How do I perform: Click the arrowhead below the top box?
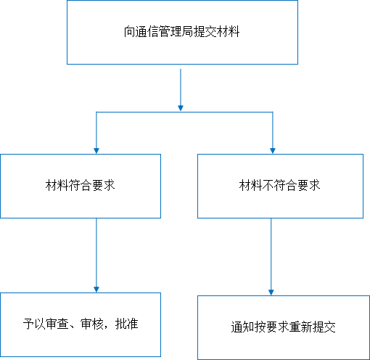(181, 108)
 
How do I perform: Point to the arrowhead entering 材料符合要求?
(96, 151)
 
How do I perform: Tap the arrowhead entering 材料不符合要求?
(273, 151)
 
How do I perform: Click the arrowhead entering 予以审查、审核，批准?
(96, 290)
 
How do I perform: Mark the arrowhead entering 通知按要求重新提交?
(271, 292)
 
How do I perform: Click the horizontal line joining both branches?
(184, 112)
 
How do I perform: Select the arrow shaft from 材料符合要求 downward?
(96, 253)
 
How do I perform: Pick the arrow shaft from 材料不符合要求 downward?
(271, 254)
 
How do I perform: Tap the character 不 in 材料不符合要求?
(268, 185)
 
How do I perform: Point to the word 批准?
(127, 324)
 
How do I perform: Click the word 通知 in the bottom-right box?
(242, 327)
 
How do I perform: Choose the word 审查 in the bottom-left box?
(57, 324)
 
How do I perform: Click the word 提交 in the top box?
(205, 32)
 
